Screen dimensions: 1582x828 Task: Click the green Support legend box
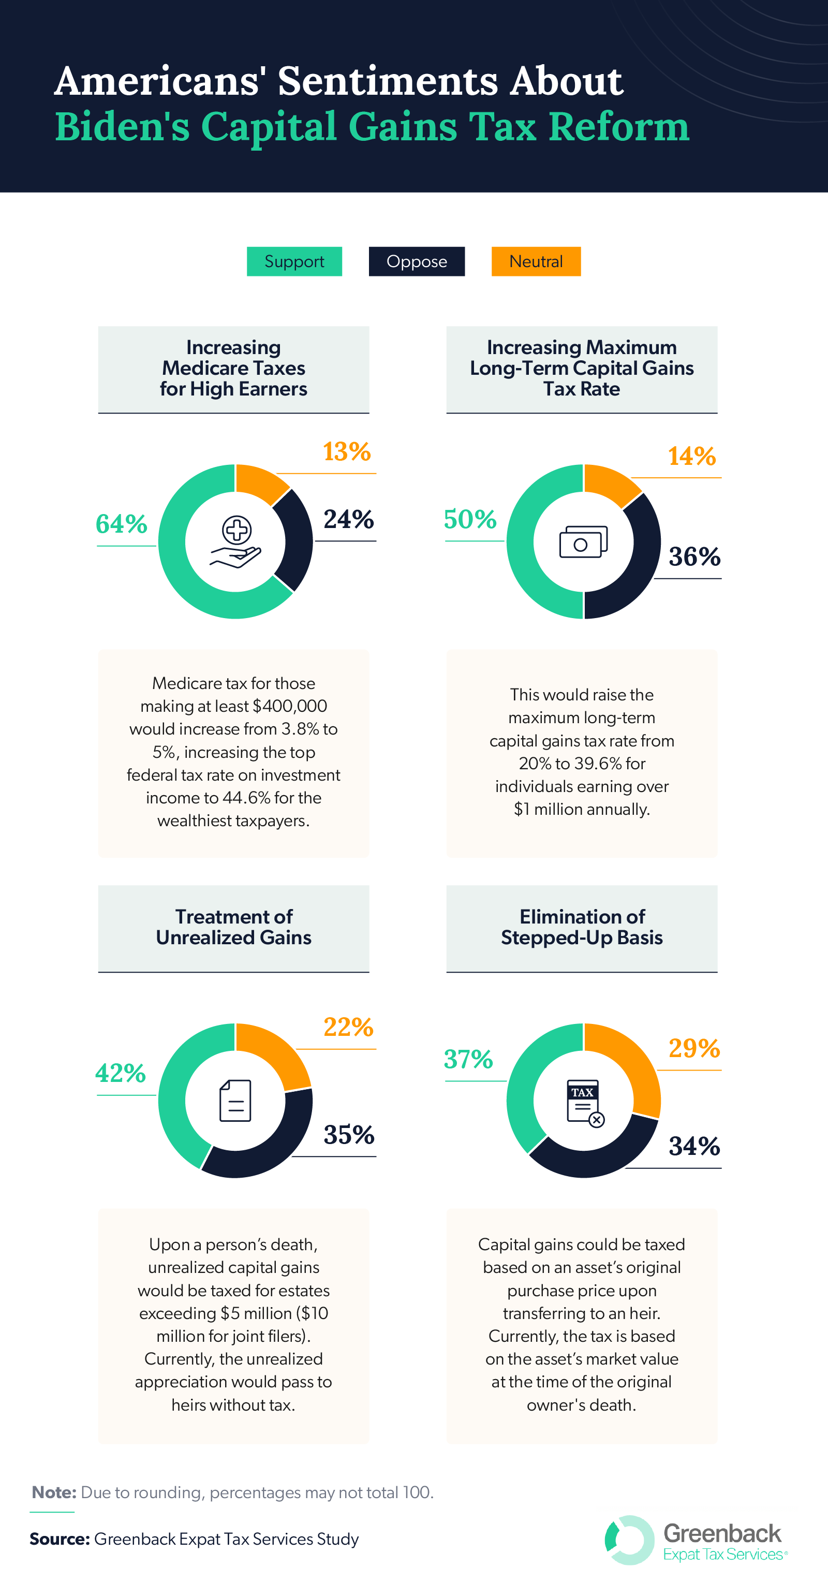[294, 261]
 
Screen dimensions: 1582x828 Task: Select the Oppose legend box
[416, 261]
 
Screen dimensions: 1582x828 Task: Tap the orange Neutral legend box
[536, 261]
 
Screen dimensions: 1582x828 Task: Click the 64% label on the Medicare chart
[122, 524]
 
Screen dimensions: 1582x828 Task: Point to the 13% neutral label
[347, 452]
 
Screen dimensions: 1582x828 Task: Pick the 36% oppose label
[694, 557]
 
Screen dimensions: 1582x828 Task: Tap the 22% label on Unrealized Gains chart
[348, 1028]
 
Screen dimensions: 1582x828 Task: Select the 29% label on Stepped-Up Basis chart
[694, 1049]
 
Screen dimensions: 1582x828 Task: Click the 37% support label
[468, 1059]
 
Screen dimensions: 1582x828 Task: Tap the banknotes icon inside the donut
[583, 541]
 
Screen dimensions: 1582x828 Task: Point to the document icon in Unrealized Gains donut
[235, 1101]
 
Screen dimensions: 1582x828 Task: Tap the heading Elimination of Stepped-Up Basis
[581, 927]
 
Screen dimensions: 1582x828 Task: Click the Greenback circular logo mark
[629, 1540]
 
